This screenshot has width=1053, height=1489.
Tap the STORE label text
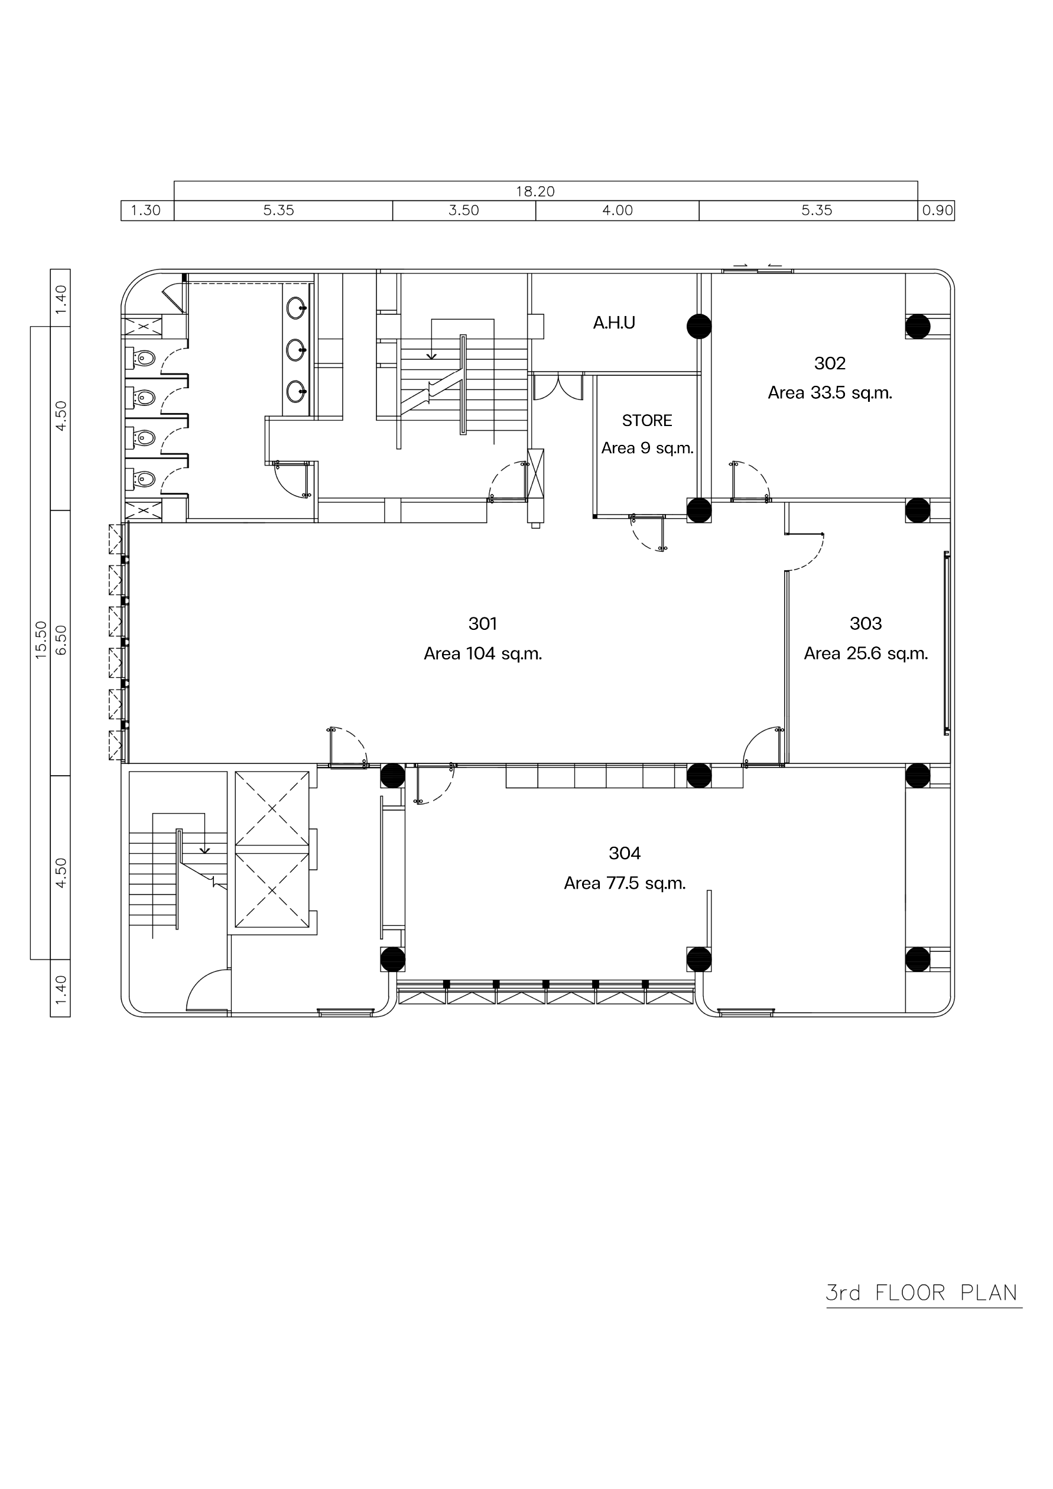647,420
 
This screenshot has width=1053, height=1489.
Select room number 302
830,363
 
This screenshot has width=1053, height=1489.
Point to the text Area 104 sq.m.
483,654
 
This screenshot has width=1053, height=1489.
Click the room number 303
866,623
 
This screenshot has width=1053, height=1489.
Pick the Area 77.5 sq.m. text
625,883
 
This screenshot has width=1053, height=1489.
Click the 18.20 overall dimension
535,191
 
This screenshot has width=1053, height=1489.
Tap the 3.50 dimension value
464,210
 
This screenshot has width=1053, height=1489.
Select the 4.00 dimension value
617,210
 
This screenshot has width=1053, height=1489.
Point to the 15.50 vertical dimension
41,639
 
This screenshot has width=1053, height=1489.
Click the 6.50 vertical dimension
61,641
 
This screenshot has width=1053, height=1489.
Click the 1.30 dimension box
147,211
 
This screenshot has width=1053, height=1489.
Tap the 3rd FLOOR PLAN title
922,1292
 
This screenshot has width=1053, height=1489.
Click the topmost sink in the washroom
296,308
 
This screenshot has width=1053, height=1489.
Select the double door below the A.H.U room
558,387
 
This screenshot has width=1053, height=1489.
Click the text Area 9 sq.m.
647,448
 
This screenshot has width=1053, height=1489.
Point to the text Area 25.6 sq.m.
866,654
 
